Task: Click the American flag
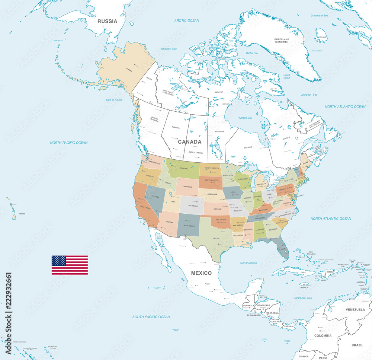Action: [x=70, y=265]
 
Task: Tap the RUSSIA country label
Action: [x=107, y=21]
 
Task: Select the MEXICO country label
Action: [x=201, y=273]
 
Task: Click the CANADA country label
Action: [x=189, y=142]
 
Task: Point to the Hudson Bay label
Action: [x=244, y=118]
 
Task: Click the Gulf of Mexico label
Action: [x=248, y=263]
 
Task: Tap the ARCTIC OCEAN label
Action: [x=187, y=20]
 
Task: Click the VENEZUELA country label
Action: [x=355, y=310]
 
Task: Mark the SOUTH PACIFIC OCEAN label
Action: [x=151, y=317]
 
